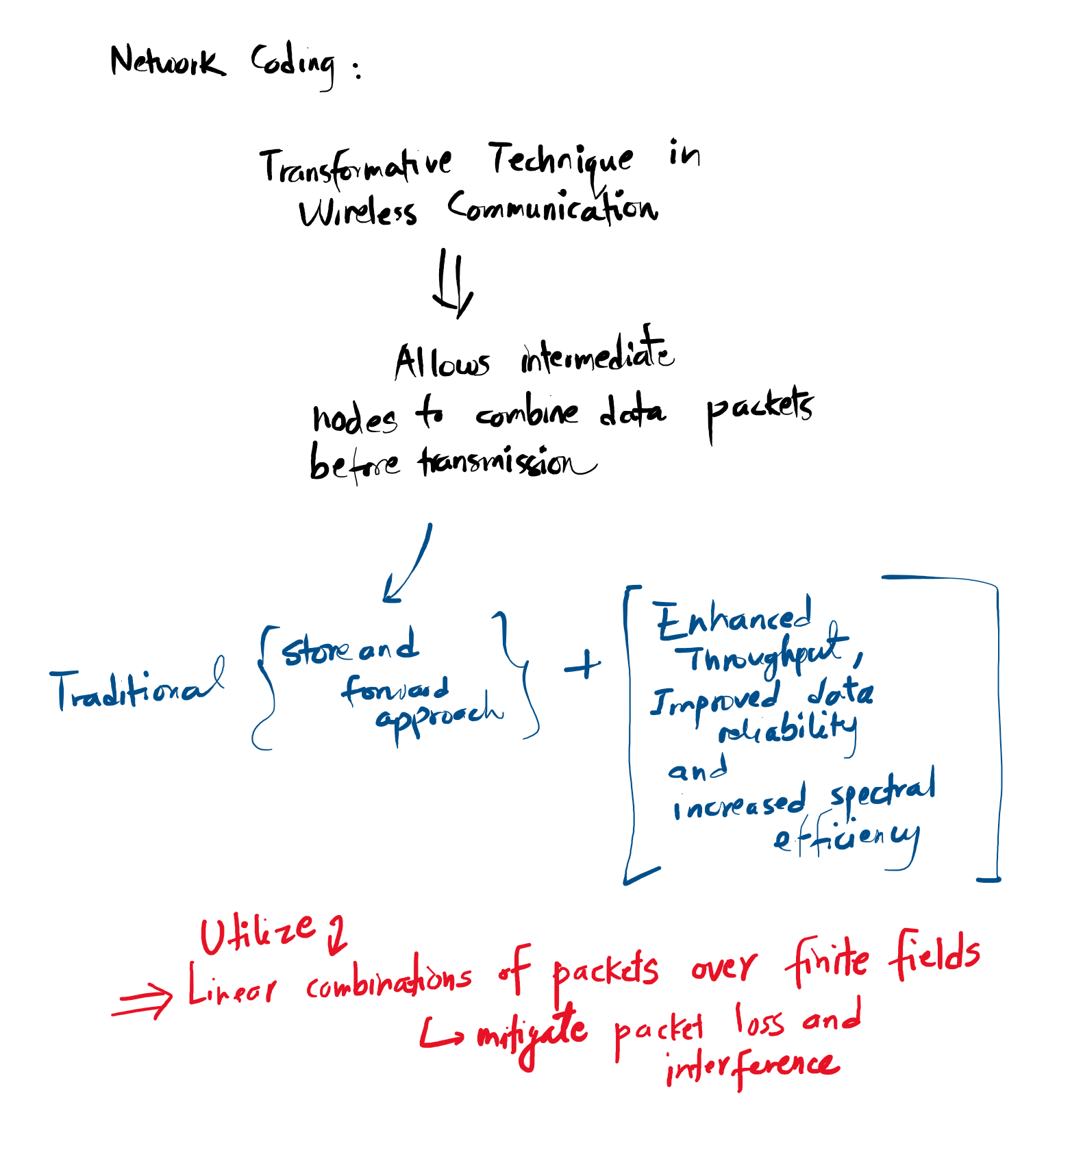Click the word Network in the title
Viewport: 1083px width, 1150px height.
coord(167,62)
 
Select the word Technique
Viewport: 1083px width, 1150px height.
coord(560,162)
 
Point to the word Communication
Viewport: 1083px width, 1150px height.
coord(552,208)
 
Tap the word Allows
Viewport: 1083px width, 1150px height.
coord(442,362)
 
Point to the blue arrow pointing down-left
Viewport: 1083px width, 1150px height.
coord(408,565)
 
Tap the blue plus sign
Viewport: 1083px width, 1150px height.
coord(582,665)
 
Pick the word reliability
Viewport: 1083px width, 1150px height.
coord(788,730)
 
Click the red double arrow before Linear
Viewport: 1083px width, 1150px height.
coord(142,1002)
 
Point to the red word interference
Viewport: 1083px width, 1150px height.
coord(751,1066)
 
